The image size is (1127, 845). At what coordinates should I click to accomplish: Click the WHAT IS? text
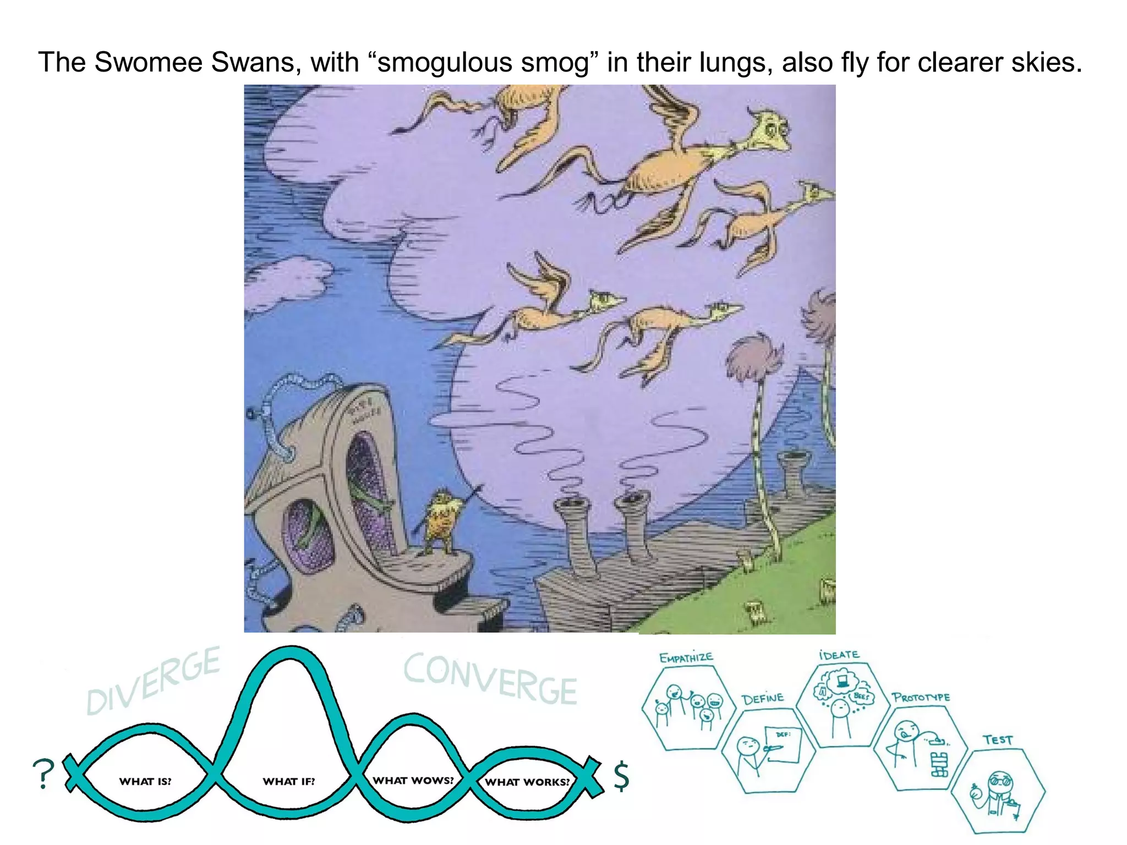[x=145, y=781]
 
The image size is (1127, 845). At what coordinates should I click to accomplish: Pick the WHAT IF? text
[x=288, y=781]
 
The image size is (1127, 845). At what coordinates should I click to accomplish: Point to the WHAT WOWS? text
[x=413, y=780]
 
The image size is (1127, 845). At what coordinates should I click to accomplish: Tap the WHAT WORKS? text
[x=527, y=782]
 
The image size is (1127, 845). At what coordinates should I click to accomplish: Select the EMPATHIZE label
[x=686, y=657]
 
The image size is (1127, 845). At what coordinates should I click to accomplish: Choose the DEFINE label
[x=763, y=699]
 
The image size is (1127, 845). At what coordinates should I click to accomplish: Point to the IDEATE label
[x=839, y=655]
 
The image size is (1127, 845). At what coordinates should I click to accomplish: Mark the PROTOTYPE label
[x=921, y=698]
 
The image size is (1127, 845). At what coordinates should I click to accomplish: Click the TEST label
[x=998, y=740]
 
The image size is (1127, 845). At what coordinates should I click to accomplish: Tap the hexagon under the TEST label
[x=997, y=792]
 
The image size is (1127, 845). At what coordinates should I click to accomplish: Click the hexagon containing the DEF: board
[x=768, y=751]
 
